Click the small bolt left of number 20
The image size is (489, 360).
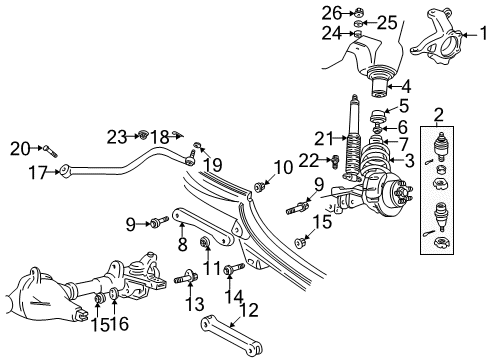pyautogui.click(x=49, y=151)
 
